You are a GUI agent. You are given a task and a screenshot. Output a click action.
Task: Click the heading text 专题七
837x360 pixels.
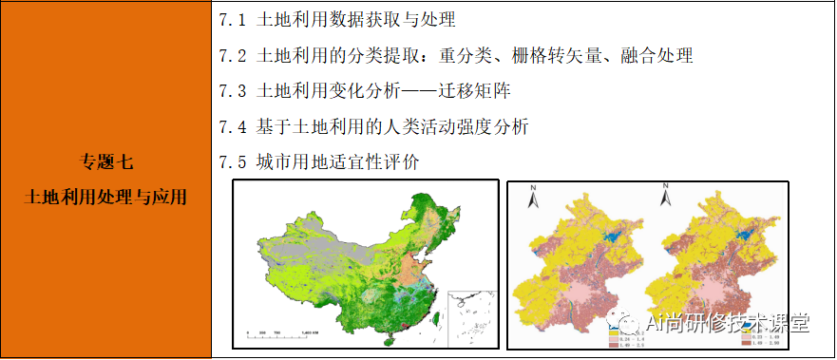tap(106, 160)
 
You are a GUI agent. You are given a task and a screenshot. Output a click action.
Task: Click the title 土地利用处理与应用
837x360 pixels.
tap(106, 198)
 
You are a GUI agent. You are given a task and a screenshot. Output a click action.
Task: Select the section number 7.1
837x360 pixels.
tap(232, 19)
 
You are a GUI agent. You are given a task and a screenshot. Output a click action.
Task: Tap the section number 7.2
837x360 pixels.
tap(232, 55)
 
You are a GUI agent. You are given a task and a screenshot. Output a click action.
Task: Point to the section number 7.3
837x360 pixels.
tap(232, 91)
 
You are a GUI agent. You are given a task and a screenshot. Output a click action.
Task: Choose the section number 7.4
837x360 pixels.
tap(232, 126)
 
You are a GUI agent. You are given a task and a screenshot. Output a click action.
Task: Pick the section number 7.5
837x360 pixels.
tap(232, 161)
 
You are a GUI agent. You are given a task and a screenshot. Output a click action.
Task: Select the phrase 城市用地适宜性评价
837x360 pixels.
tap(338, 161)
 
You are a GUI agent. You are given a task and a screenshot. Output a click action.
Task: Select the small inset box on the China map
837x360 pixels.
tap(471, 313)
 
